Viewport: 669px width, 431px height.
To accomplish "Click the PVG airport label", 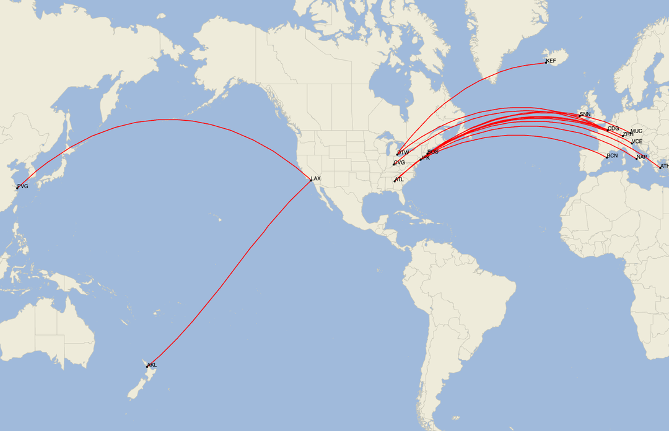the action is [23, 186].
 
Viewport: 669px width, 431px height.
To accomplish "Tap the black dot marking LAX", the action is [311, 180].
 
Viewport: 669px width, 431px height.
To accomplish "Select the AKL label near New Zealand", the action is [152, 365].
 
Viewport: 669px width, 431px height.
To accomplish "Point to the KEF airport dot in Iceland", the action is [546, 63].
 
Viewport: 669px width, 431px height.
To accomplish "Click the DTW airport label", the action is [403, 152].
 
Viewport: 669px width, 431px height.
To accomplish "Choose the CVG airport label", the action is [400, 163].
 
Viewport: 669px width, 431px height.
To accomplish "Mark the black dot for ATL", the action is [395, 181].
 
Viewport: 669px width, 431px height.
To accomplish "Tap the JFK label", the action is [425, 159].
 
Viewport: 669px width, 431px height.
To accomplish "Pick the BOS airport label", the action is [433, 152].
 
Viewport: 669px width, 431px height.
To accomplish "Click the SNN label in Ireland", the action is [585, 115].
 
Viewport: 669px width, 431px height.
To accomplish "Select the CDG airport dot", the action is [608, 130].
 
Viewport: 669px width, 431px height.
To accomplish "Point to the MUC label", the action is [637, 131].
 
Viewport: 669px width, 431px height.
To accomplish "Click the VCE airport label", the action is [637, 142].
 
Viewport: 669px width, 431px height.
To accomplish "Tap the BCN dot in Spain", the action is [607, 157].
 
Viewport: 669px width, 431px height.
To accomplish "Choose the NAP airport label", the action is [642, 157].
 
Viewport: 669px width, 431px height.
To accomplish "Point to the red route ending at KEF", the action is [471, 87].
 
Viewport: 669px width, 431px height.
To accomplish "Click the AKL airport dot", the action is [147, 367].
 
